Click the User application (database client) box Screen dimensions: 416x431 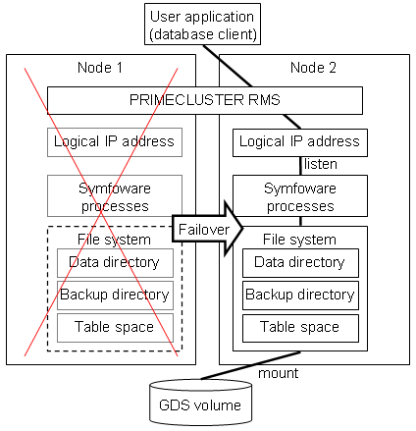202,25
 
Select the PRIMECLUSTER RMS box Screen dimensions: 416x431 205,100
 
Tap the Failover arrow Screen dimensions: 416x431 207,229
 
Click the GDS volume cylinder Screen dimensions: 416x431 200,403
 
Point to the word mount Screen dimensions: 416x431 278,373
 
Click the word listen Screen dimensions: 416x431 321,164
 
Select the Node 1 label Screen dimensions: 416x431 100,68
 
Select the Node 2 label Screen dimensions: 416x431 313,68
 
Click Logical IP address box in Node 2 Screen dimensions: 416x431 300,142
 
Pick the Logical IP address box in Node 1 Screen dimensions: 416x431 115,142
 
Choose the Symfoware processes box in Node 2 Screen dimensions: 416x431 300,196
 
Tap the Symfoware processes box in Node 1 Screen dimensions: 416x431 115,196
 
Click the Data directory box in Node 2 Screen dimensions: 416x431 300,263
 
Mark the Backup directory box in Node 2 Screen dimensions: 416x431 300,296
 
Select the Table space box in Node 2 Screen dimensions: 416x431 300,328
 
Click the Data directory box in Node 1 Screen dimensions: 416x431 115,263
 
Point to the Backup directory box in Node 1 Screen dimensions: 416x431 115,296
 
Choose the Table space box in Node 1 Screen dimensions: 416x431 115,328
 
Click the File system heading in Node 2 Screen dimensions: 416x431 299,240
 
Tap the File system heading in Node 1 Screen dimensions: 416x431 114,240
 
